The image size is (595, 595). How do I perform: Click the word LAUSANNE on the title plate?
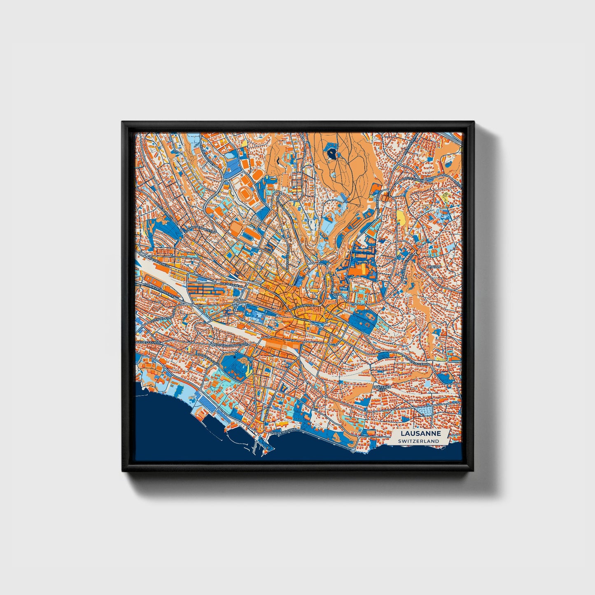pos(419,434)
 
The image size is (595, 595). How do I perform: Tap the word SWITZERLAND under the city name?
pos(419,441)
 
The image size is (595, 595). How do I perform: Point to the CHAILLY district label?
pos(434,267)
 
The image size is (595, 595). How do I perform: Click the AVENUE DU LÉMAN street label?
pos(417,361)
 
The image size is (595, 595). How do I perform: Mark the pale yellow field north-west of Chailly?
pos(401,216)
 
